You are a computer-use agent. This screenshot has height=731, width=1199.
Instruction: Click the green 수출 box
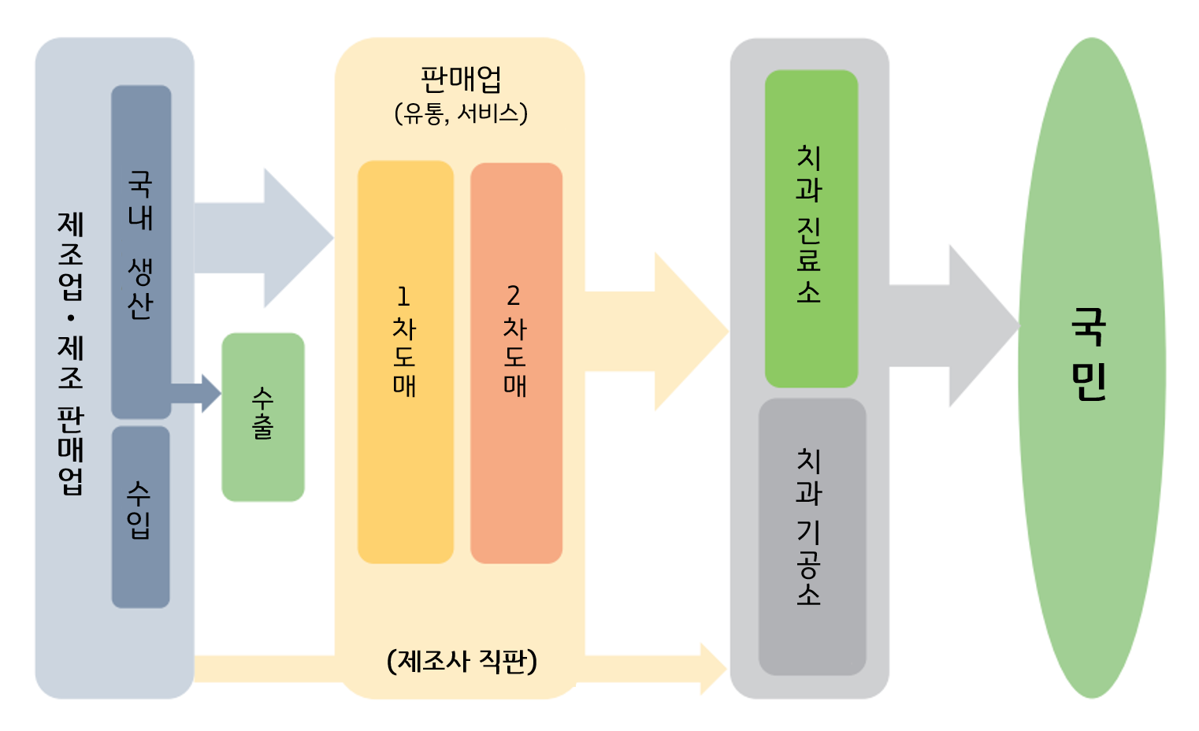pyautogui.click(x=263, y=417)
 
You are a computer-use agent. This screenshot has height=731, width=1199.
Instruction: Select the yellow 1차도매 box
pyautogui.click(x=405, y=362)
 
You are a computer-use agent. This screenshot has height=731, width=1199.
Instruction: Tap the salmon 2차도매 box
pyautogui.click(x=516, y=362)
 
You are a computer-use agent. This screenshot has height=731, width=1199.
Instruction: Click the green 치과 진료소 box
pyautogui.click(x=811, y=228)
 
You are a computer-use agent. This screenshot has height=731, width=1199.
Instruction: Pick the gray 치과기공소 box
pyautogui.click(x=811, y=536)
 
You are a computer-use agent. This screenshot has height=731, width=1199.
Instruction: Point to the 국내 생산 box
pyautogui.click(x=141, y=251)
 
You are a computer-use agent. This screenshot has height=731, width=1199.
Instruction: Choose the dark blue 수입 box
pyautogui.click(x=140, y=517)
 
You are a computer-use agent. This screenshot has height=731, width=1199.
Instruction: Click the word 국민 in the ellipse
pyautogui.click(x=1089, y=354)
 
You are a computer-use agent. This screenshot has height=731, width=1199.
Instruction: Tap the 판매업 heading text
pyautogui.click(x=461, y=80)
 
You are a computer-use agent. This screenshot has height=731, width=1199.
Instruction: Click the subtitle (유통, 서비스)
pyautogui.click(x=461, y=113)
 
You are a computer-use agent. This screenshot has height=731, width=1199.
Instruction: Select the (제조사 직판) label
pyautogui.click(x=462, y=660)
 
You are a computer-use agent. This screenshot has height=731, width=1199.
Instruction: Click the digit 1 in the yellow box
pyautogui.click(x=403, y=296)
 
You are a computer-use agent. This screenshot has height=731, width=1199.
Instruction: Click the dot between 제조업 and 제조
pyautogui.click(x=71, y=318)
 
